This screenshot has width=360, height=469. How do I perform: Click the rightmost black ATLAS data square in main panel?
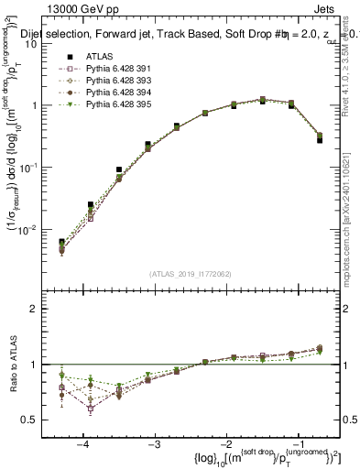[319, 140]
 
